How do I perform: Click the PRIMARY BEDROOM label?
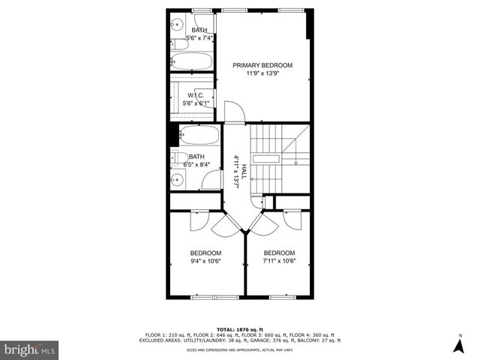pos(262,65)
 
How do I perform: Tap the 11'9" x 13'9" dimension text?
pos(262,73)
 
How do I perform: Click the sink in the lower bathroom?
pos(178,178)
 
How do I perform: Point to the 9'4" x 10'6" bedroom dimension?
pos(205,261)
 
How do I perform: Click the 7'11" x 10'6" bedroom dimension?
pos(279,261)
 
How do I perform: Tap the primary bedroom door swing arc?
pos(235,111)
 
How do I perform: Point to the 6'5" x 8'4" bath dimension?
pos(196,165)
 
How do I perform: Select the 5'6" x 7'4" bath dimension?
pos(199,38)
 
